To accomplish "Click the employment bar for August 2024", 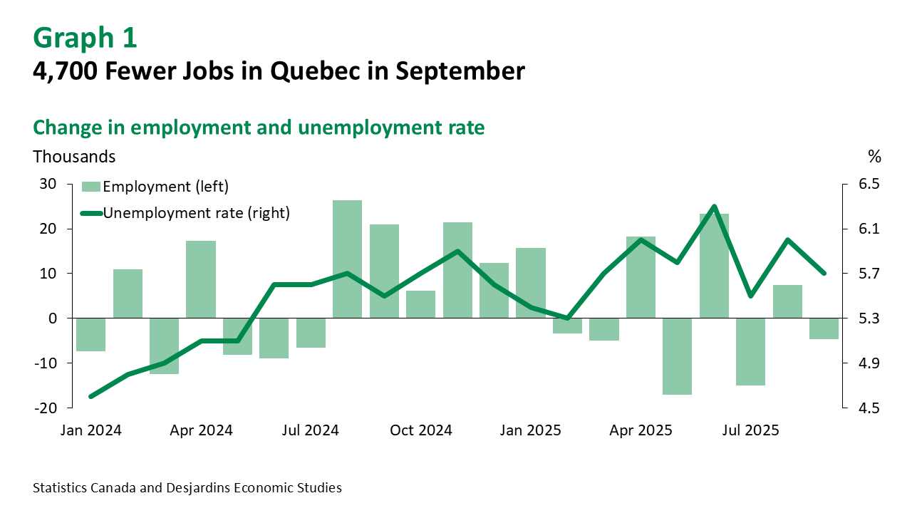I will tap(347, 259).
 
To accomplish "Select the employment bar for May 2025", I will tap(677, 356).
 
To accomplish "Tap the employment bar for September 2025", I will tap(824, 328).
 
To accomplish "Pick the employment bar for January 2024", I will tap(90, 334).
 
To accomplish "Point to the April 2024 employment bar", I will tap(201, 279).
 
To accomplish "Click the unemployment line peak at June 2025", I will tap(714, 207).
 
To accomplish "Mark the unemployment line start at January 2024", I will tap(90, 396).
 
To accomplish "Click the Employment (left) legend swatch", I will tap(90, 187).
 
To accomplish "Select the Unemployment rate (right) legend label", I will tap(197, 212).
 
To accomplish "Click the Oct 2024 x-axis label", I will tap(422, 430).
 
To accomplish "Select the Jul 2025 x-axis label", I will tap(751, 430).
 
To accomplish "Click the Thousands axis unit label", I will tap(74, 155).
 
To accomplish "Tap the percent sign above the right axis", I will tap(874, 155).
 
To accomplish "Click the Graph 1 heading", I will tap(85, 38).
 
